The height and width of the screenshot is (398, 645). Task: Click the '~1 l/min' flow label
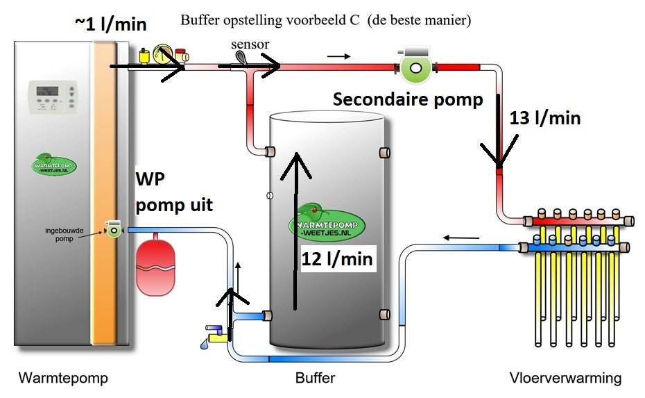[x=111, y=24]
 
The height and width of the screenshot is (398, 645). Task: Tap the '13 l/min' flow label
[x=544, y=118]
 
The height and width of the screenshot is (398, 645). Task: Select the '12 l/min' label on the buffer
[x=337, y=259]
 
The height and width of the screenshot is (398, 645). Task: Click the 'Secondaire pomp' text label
[x=408, y=99]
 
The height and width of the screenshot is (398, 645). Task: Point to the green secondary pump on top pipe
[x=415, y=67]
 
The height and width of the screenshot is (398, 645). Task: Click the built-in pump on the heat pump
[x=112, y=231]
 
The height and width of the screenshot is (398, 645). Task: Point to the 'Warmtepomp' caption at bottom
[x=63, y=379]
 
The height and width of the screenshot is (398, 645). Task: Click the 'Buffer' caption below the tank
[x=315, y=379]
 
